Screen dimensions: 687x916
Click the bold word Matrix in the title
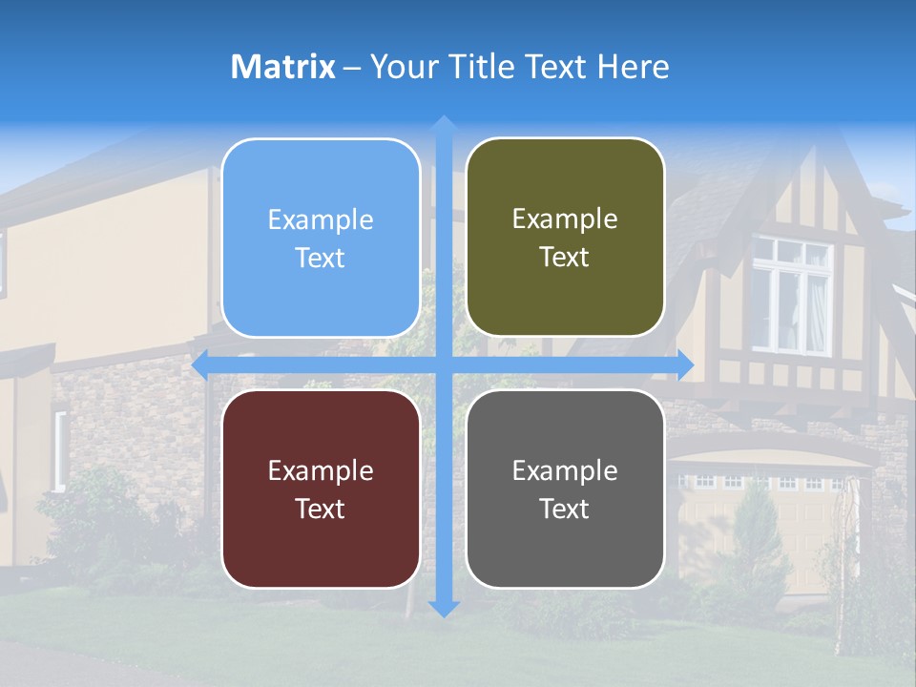pyautogui.click(x=283, y=67)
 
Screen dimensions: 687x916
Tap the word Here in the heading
pyautogui.click(x=634, y=67)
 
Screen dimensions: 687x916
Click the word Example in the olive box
pyautogui.click(x=565, y=219)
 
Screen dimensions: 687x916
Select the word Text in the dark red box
pyautogui.click(x=320, y=509)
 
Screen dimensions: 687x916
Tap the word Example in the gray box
pyautogui.click(x=565, y=470)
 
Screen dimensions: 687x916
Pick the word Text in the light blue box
pyautogui.click(x=320, y=258)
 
